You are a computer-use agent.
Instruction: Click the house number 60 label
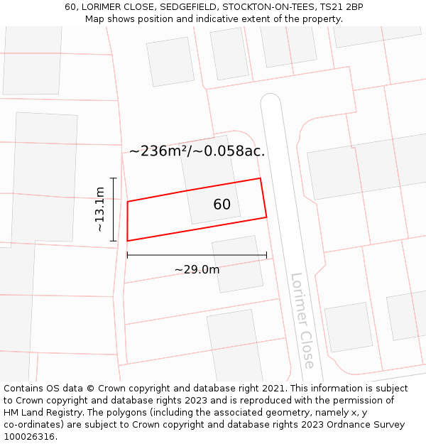tap(222, 205)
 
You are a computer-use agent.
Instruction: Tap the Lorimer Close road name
tap(302, 320)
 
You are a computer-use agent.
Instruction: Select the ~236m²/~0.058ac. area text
tap(197, 151)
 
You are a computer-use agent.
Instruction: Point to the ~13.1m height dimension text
tap(100, 209)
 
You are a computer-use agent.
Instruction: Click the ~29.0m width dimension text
tap(197, 269)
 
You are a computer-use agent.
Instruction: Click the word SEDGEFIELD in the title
tap(184, 7)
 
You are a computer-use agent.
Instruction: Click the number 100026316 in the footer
tap(31, 437)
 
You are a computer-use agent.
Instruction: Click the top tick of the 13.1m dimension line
tap(114, 178)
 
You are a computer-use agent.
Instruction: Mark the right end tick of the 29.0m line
tap(266, 255)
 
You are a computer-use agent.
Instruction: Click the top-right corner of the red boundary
tap(261, 178)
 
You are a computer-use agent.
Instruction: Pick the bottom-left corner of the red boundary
tap(128, 241)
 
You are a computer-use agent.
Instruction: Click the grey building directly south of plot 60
tap(237, 264)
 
